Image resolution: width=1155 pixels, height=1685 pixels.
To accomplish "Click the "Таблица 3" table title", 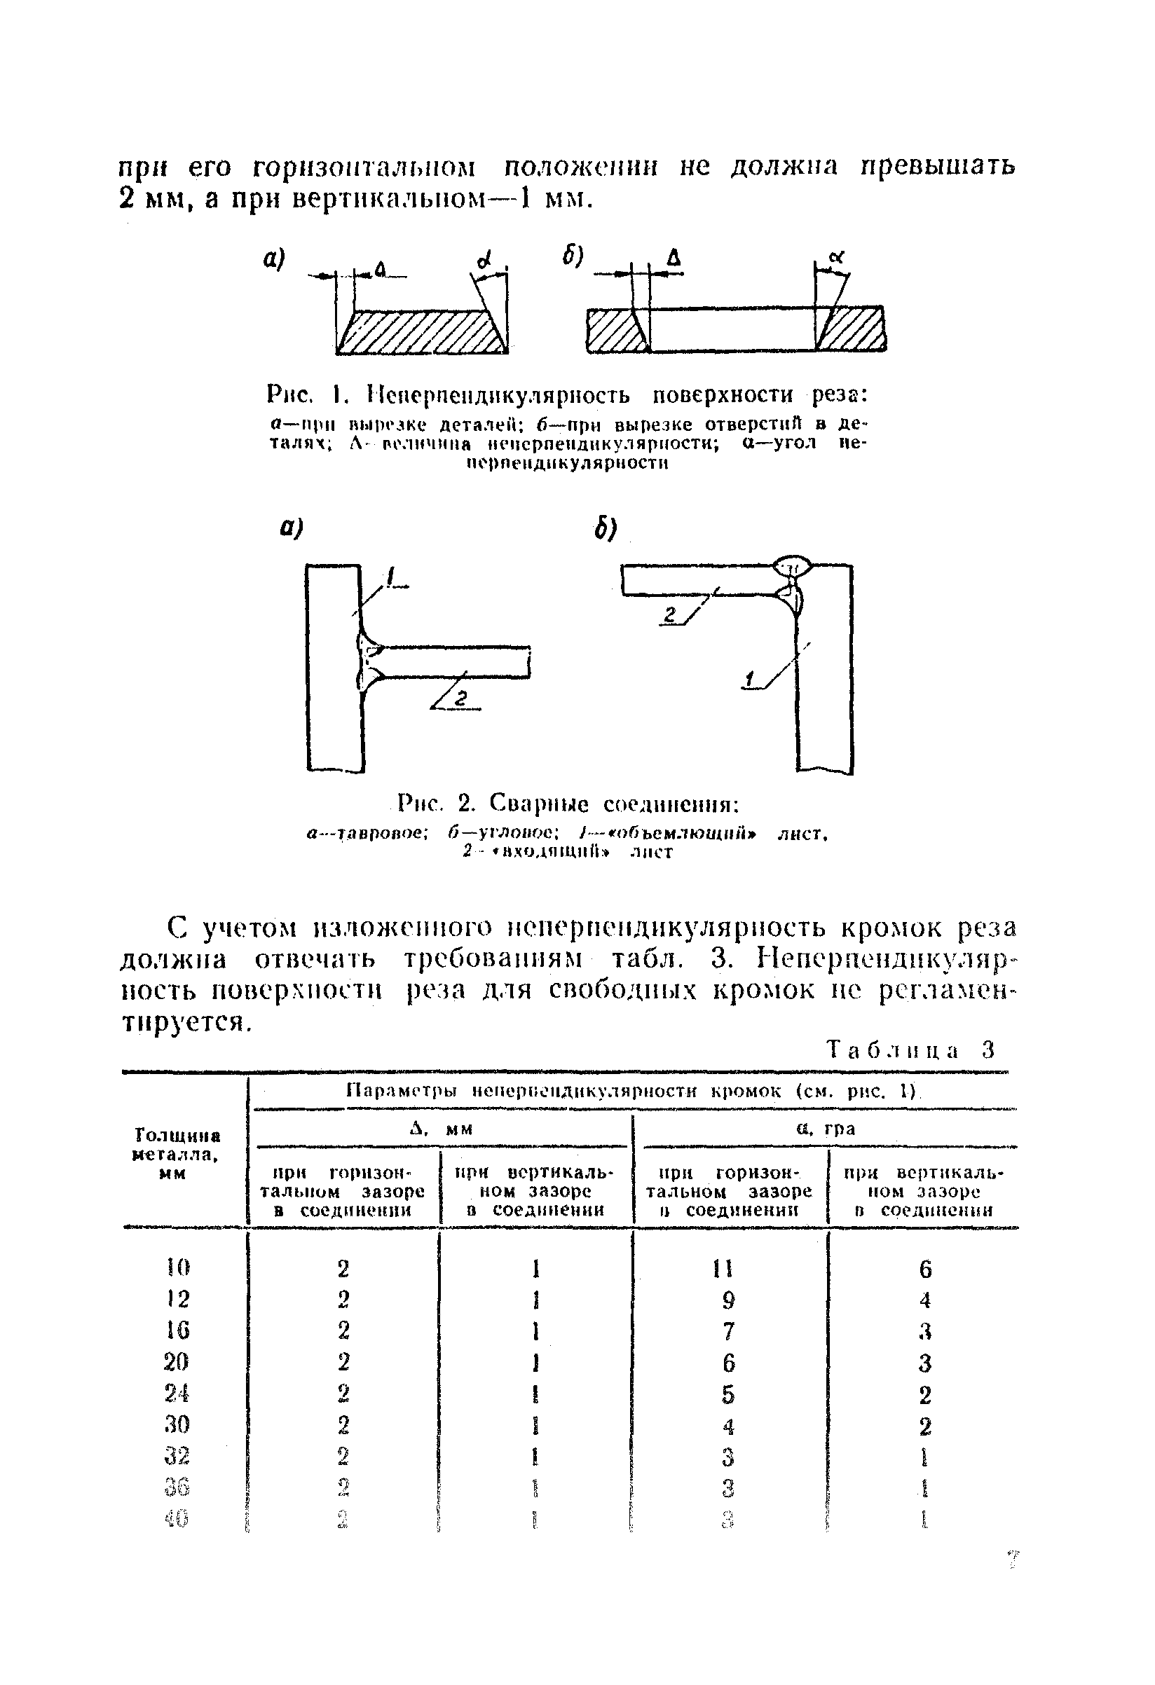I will pos(912,1050).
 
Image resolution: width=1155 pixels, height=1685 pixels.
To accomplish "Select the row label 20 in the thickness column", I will pos(177,1361).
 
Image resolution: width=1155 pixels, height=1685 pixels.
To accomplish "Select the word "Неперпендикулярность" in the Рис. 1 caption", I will pos(499,395).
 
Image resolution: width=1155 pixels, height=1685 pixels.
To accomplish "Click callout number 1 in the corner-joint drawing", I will pos(749,680).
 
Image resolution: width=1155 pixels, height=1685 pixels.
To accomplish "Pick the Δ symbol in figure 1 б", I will pos(674,256).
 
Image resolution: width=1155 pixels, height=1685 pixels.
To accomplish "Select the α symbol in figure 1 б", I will pos(838,255).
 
